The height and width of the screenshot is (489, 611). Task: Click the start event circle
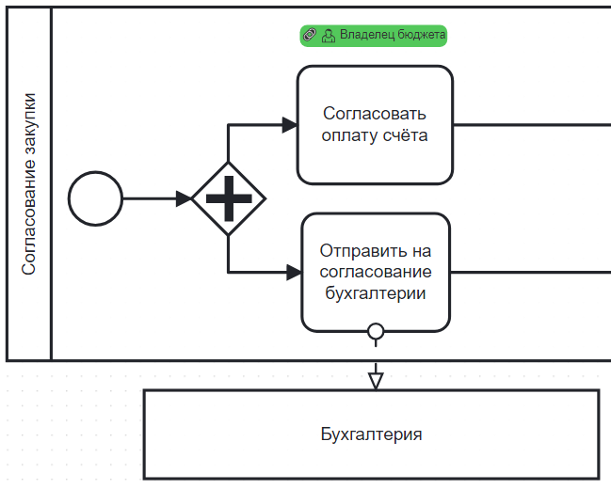tap(95, 199)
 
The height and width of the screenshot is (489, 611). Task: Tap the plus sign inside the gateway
tap(228, 199)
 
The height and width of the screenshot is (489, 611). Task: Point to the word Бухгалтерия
tap(371, 434)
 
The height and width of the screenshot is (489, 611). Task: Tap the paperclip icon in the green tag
tap(310, 36)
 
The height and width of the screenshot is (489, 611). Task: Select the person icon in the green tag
tap(328, 36)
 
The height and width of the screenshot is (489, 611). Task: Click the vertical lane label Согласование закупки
tap(29, 183)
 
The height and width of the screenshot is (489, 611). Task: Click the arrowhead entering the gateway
tap(183, 199)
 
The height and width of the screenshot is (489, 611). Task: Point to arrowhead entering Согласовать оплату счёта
tap(289, 124)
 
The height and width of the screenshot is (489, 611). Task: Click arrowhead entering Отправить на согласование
tap(293, 273)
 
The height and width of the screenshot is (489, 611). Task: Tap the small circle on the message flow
tap(376, 331)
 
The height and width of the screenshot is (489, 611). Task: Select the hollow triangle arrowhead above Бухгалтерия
tap(376, 380)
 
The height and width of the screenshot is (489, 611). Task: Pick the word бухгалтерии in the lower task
tap(375, 292)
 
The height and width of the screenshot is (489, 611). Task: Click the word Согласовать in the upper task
tap(375, 114)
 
